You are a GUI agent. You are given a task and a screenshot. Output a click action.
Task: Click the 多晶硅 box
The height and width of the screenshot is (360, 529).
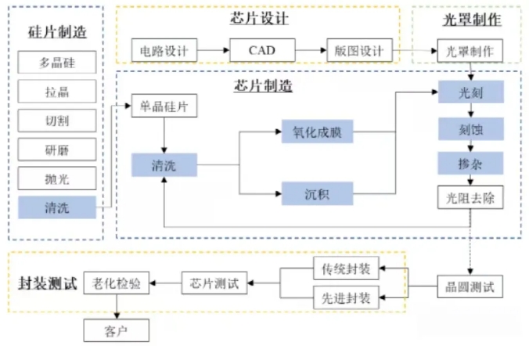(x=56, y=62)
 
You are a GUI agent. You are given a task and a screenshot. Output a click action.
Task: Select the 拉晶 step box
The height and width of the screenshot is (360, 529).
(x=56, y=92)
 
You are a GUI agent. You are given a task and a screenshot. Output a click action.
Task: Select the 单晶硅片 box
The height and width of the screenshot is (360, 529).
(x=164, y=106)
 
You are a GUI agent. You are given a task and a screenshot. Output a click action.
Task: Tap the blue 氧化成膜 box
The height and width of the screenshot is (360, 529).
(x=317, y=133)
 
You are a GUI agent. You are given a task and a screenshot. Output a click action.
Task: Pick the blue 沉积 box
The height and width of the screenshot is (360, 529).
(x=317, y=193)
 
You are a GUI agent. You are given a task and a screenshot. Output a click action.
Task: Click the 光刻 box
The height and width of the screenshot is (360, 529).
(x=470, y=92)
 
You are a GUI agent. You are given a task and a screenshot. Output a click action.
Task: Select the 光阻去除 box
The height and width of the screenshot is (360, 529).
(x=470, y=196)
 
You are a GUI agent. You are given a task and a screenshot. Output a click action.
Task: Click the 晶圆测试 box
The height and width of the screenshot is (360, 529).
(x=470, y=287)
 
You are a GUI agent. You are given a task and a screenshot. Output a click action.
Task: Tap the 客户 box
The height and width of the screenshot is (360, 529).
(x=116, y=330)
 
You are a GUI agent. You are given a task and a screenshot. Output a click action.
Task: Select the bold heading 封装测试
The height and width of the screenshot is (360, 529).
(x=47, y=283)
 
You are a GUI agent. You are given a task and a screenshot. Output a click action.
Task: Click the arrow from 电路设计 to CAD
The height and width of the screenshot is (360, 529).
(x=213, y=51)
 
